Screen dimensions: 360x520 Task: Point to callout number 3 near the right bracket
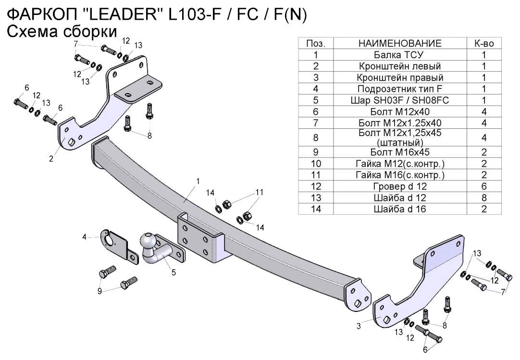[x=359, y=326]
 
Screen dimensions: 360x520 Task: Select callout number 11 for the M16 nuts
[x=260, y=192]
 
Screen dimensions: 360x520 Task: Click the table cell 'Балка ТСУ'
[x=400, y=54]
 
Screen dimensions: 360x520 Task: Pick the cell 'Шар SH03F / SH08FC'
[x=400, y=100]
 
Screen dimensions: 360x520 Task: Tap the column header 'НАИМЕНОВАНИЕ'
[x=400, y=43]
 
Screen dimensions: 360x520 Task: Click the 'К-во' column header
[x=484, y=43]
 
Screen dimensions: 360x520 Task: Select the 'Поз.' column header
[x=316, y=43]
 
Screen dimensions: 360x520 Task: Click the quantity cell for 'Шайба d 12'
[x=484, y=197]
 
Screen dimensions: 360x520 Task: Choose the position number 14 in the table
[x=316, y=209]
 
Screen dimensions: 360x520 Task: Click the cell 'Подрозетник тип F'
[x=400, y=88]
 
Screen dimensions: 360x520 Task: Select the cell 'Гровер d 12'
[x=400, y=186]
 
